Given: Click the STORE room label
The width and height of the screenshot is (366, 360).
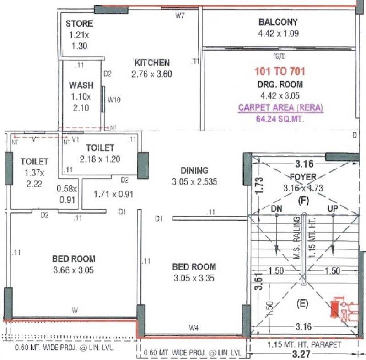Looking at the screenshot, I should click(x=79, y=24).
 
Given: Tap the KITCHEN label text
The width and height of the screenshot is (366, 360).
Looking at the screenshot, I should click(x=151, y=63).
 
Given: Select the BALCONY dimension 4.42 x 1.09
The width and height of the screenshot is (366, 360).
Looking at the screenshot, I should click(x=278, y=32).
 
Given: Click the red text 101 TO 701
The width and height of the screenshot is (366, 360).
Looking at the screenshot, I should click(x=280, y=71).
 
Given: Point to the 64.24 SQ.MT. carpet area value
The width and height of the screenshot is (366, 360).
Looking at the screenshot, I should click(x=280, y=120).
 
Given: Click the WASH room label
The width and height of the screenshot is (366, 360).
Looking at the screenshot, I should click(x=81, y=85).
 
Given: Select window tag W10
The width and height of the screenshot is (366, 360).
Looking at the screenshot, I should click(x=114, y=99).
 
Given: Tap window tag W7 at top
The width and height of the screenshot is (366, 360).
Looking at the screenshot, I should click(x=180, y=16).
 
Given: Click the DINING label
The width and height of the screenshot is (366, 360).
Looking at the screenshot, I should click(x=194, y=170).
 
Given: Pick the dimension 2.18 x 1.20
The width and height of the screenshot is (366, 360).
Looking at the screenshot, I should click(x=99, y=159).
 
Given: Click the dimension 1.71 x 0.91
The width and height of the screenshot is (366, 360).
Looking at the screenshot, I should click(x=113, y=194).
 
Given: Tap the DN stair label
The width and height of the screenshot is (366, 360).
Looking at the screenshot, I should click(x=277, y=208).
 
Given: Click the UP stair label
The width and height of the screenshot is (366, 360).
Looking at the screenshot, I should click(x=333, y=208).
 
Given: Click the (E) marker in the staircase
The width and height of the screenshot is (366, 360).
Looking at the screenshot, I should click(x=303, y=302).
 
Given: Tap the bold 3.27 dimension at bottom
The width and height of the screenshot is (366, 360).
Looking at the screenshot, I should click(x=304, y=354).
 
